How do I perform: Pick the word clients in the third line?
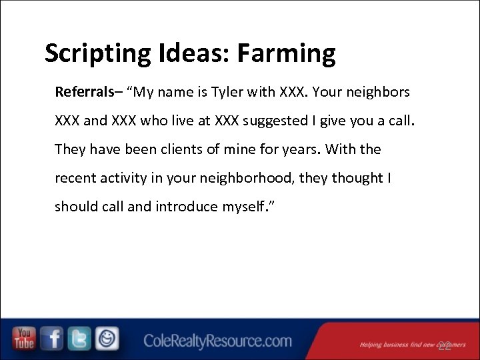coord(182,149)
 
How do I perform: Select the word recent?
coord(75,178)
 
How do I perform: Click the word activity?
coord(125,178)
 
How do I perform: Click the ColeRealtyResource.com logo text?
coord(217,342)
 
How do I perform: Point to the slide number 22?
coord(445,345)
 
